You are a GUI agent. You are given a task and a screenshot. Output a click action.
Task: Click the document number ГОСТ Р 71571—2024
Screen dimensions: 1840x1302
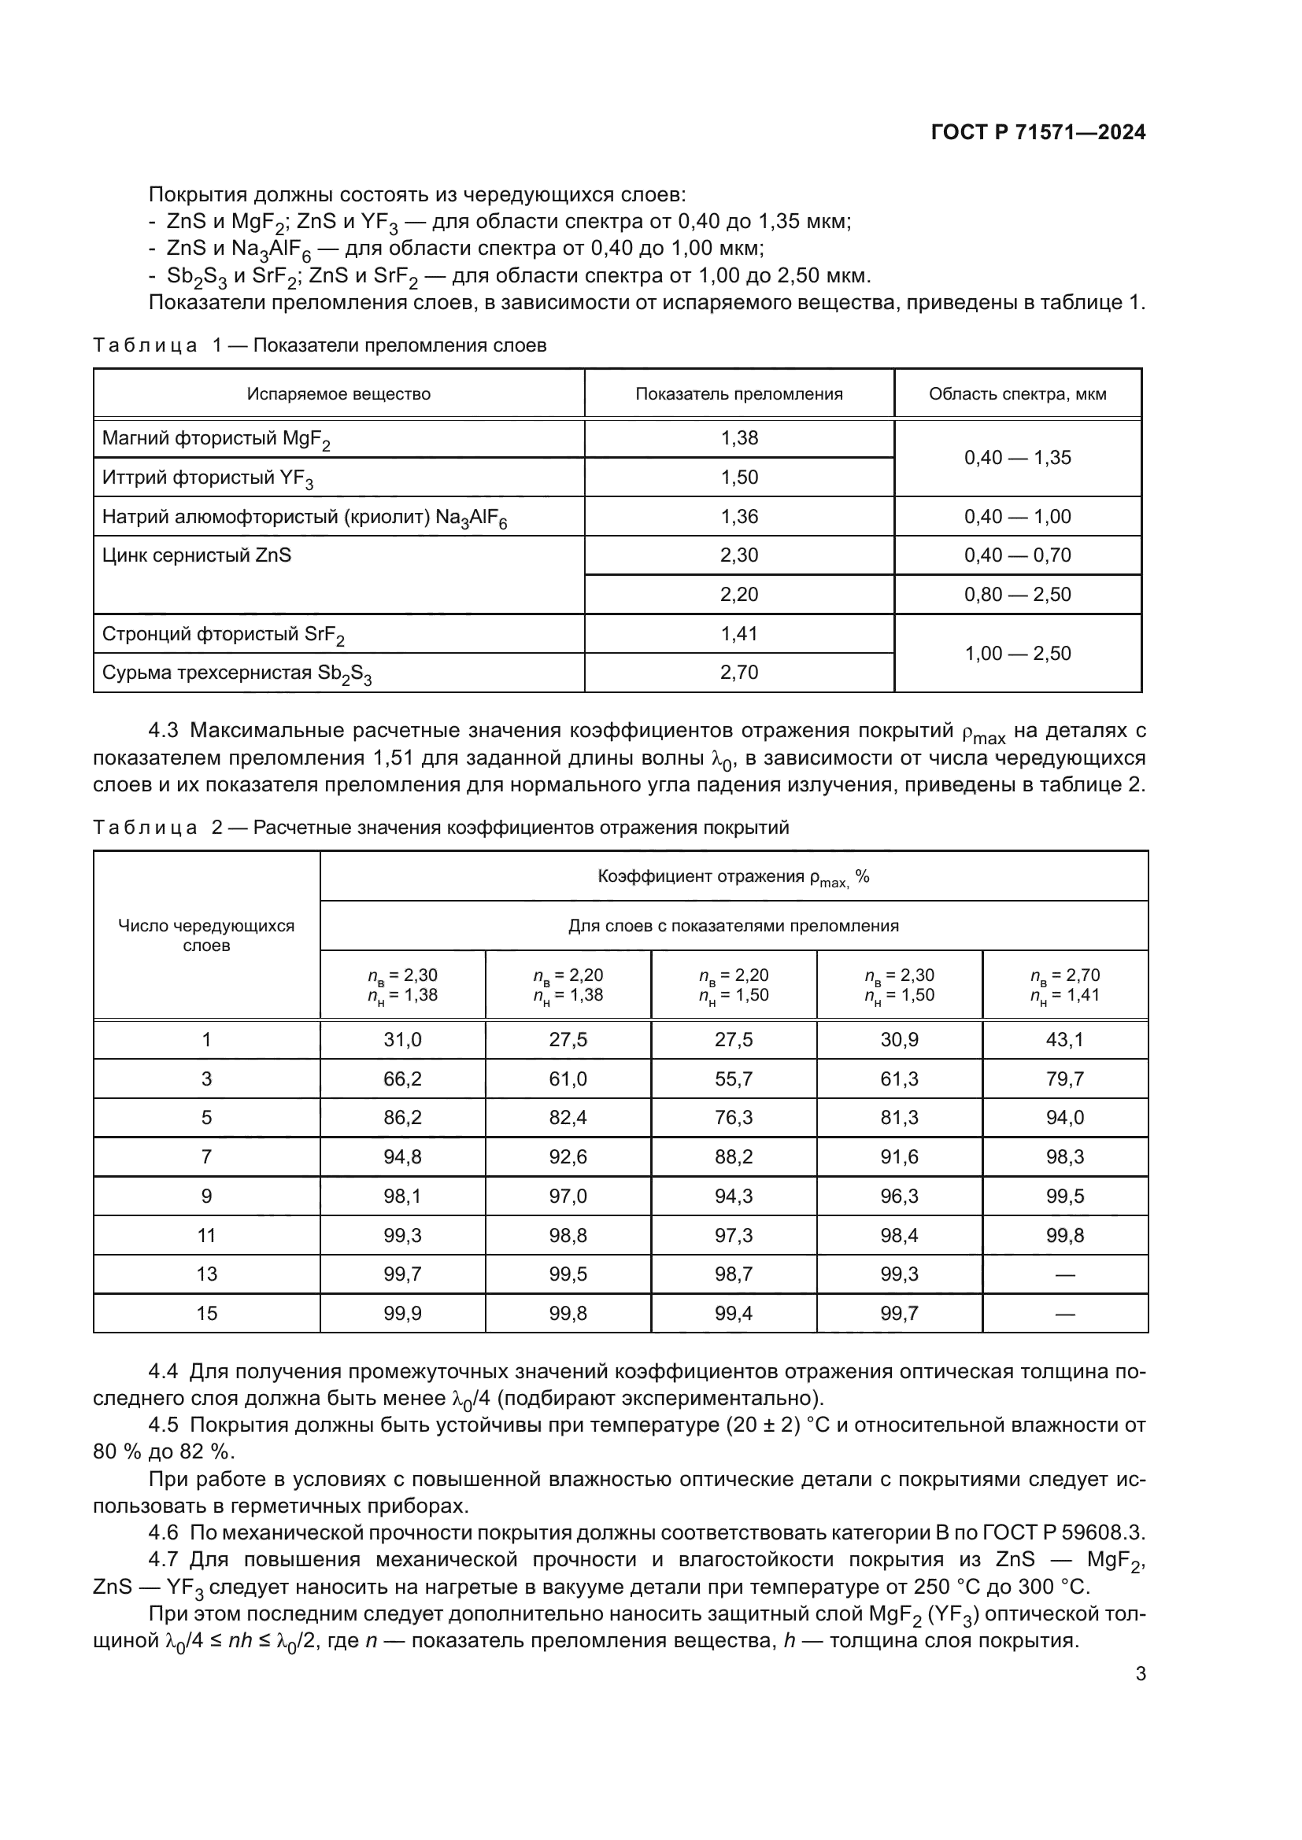[x=1038, y=133]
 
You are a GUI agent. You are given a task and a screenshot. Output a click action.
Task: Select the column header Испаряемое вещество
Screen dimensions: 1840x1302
[x=338, y=394]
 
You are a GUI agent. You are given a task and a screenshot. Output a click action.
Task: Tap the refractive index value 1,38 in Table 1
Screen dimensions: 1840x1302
[x=739, y=438]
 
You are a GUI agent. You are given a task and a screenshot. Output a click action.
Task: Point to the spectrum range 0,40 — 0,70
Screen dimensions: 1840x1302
[x=1017, y=555]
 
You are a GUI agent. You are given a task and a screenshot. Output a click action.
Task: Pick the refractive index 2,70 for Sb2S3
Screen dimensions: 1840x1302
[x=739, y=673]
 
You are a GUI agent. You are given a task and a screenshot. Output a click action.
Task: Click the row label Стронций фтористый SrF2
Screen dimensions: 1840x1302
[x=223, y=635]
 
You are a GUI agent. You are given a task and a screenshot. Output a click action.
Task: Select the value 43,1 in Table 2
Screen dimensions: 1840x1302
[x=1065, y=1040]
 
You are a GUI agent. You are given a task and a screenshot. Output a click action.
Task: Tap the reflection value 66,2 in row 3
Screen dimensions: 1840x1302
[x=402, y=1079]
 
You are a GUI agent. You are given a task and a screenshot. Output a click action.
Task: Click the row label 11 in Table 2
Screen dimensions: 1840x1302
[x=207, y=1236]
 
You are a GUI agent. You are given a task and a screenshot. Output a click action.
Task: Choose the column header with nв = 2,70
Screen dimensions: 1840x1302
[x=1065, y=985]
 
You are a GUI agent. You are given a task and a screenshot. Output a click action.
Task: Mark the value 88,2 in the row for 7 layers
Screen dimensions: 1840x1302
[x=734, y=1157]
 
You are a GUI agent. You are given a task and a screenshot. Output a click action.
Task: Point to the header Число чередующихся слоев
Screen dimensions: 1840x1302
[x=207, y=935]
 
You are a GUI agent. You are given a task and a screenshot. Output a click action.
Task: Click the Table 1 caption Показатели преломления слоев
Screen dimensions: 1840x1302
[x=400, y=345]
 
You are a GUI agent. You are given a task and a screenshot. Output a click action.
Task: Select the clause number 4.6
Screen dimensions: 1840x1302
[x=163, y=1533]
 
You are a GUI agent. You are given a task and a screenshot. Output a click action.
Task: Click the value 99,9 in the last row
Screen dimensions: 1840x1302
[x=402, y=1314]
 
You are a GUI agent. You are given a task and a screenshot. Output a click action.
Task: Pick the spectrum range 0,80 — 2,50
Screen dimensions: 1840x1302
[x=1017, y=595]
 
